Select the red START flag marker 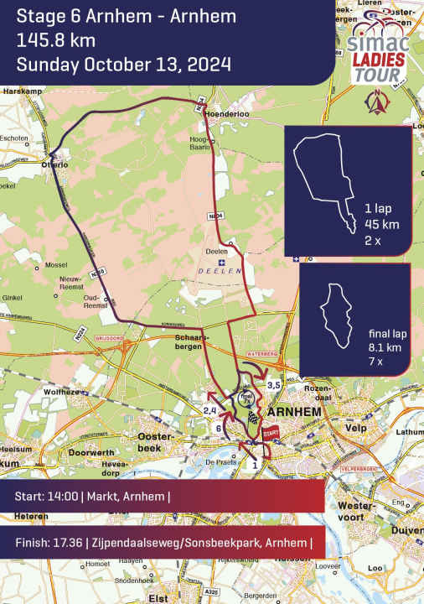(270, 435)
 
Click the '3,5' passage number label (273, 384)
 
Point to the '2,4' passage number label (210, 409)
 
